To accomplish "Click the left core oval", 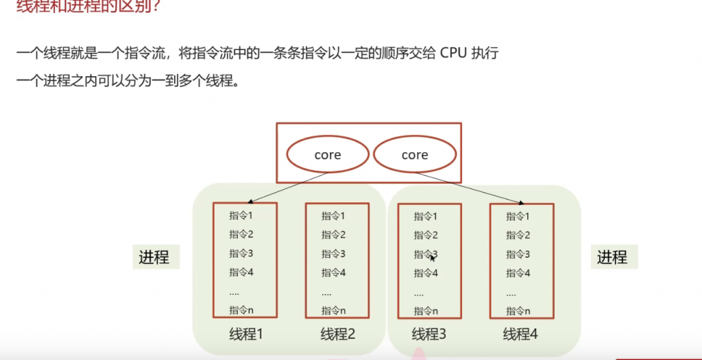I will point(327,155).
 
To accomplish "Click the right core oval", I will point(414,155).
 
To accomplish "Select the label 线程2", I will point(338,335).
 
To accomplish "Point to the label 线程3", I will point(429,335).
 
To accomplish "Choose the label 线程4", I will point(520,335).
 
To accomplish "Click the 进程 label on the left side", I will point(154,257).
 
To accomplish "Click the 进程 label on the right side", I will point(612,257).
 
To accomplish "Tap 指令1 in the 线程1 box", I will point(241,216).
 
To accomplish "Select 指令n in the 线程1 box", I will point(241,311).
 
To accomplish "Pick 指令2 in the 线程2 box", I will point(334,235).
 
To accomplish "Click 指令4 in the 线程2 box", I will point(334,272).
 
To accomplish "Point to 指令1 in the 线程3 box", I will point(426,217).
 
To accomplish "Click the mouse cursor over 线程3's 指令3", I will point(432,257).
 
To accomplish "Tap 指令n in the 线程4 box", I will point(518,311).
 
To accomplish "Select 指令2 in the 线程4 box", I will point(518,235).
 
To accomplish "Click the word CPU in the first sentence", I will point(454,53).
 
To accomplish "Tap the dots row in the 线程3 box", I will point(420,293).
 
